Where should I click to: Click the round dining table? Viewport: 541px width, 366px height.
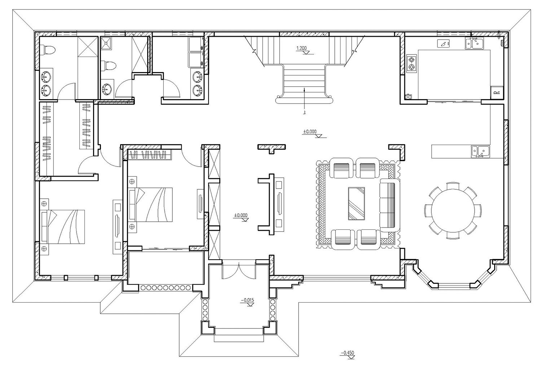click(453, 210)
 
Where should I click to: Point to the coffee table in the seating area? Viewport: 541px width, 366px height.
click(356, 203)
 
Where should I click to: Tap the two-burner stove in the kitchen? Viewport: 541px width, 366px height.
click(412, 63)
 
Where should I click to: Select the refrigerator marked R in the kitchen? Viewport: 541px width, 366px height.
click(496, 92)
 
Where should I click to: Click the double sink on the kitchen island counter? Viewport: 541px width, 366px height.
click(480, 151)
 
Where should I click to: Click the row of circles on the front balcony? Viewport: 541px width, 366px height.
click(165, 288)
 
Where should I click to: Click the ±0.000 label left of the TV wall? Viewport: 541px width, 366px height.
click(241, 216)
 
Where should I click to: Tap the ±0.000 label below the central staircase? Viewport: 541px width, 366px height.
click(309, 132)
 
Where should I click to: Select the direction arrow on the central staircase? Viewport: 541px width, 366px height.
click(305, 101)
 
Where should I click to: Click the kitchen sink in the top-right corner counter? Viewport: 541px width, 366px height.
click(474, 43)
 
